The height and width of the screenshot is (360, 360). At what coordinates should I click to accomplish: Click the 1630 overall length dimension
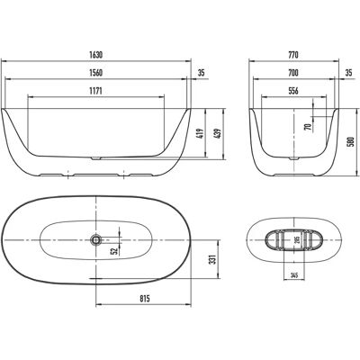pyautogui.click(x=96, y=55)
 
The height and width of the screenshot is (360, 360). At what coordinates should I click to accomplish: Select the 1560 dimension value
pyautogui.click(x=96, y=73)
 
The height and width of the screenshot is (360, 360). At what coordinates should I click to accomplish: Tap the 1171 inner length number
pyautogui.click(x=96, y=91)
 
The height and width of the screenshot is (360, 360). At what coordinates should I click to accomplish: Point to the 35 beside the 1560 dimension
pyautogui.click(x=201, y=73)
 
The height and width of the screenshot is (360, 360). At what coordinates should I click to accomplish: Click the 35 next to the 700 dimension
pyautogui.click(x=348, y=73)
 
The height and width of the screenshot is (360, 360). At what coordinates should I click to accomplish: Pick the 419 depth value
pyautogui.click(x=201, y=133)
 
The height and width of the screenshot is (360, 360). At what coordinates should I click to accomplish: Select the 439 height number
pyautogui.click(x=218, y=133)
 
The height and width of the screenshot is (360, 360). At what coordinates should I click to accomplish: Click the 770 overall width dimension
pyautogui.click(x=293, y=55)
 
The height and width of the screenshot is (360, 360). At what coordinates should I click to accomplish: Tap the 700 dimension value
pyautogui.click(x=293, y=73)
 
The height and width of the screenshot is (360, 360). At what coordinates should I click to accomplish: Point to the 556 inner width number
pyautogui.click(x=293, y=91)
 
